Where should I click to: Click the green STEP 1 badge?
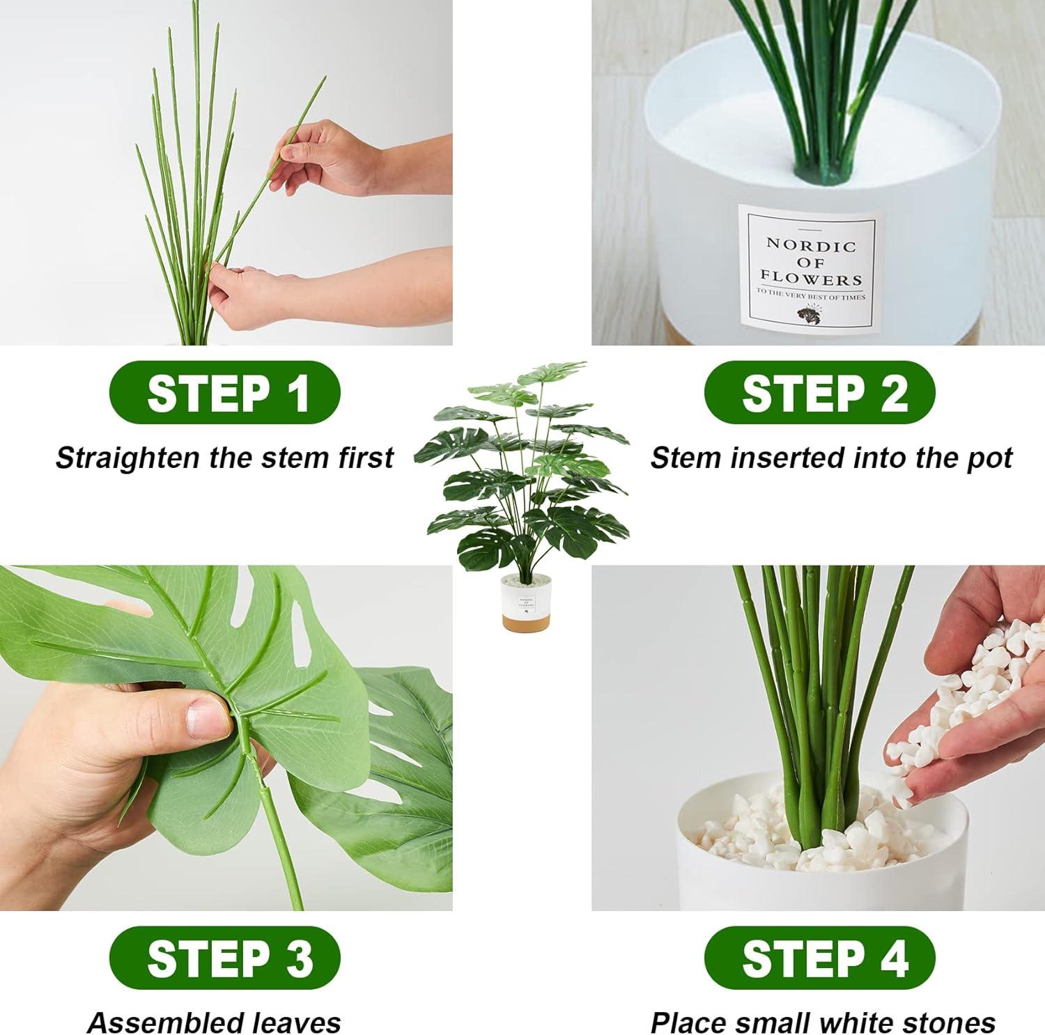click(224, 392)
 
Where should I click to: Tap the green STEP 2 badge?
click(819, 392)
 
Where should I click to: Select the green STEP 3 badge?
click(224, 958)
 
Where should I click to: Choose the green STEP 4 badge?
click(819, 958)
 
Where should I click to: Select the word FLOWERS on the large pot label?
click(811, 279)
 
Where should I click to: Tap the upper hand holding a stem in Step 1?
click(327, 157)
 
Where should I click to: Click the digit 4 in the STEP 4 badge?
click(895, 958)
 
